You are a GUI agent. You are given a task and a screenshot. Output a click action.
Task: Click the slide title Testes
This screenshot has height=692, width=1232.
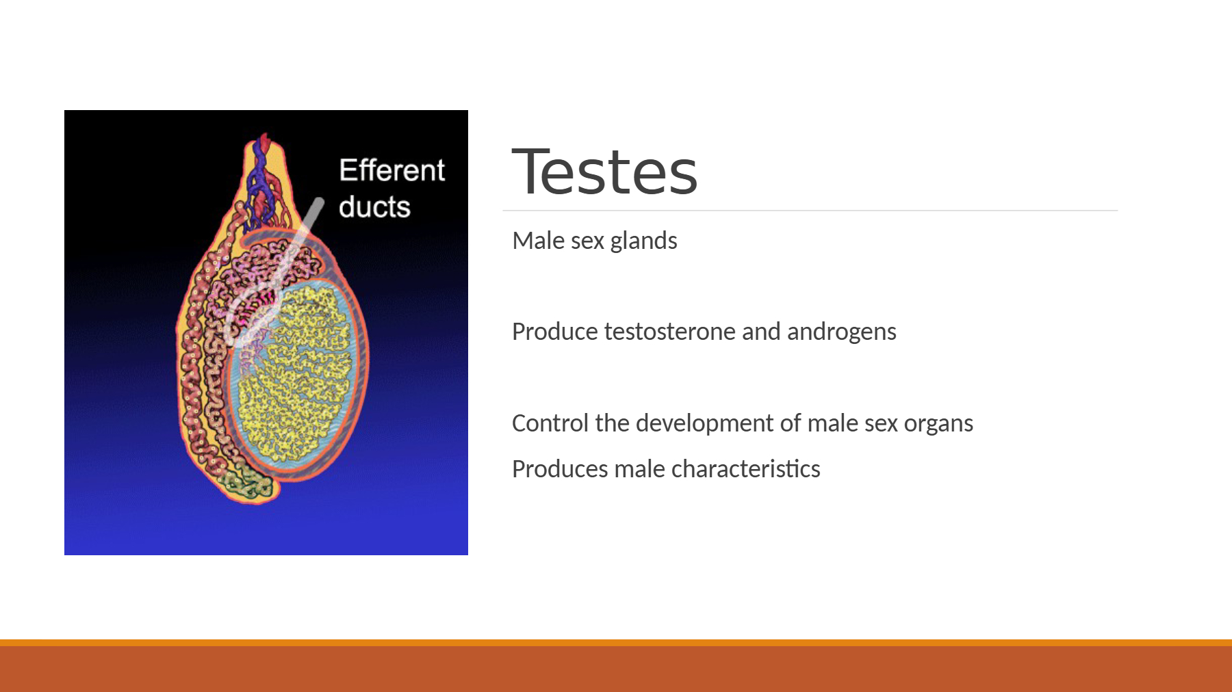(604, 171)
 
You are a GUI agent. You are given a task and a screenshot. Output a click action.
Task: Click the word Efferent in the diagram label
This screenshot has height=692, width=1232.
(392, 170)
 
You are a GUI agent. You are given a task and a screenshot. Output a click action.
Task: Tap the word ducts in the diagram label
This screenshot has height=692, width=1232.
(374, 207)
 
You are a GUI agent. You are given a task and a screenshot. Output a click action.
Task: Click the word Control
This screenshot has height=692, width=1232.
(550, 423)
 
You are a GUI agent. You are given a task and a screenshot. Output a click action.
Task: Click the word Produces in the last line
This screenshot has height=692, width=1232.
(560, 469)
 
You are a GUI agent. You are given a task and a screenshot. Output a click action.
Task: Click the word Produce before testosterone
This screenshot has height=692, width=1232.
(555, 332)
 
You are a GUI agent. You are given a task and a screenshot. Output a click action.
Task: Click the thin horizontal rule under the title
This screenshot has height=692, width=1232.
(810, 211)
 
